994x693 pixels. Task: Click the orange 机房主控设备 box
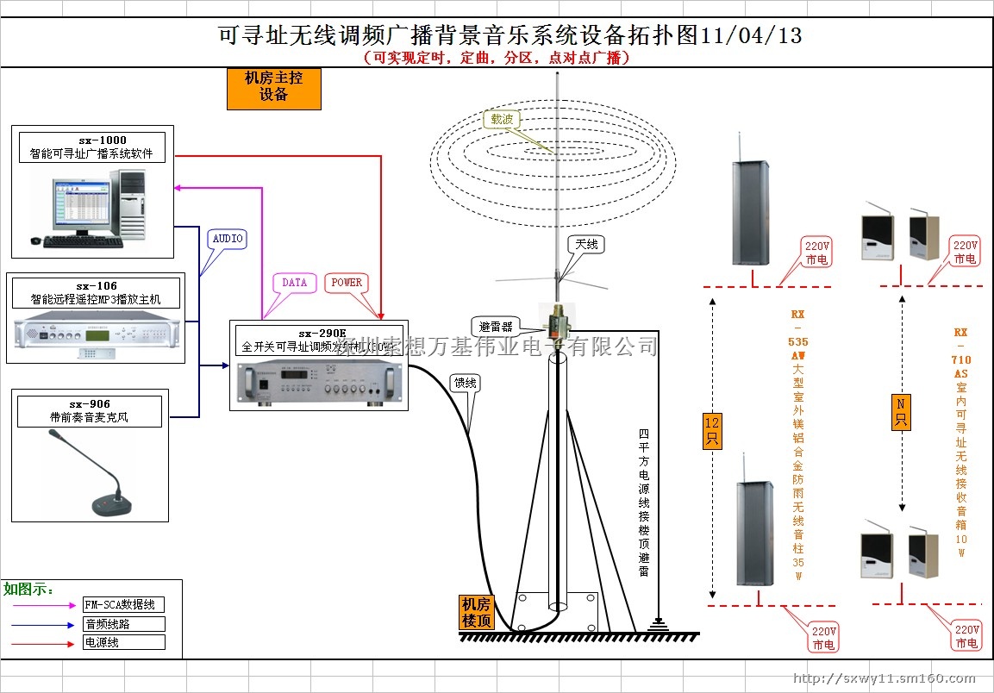pos(273,88)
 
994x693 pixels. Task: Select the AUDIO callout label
pos(228,239)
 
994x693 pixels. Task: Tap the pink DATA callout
pos(294,283)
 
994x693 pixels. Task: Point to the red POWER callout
pos(347,283)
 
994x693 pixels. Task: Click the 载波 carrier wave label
pos(502,120)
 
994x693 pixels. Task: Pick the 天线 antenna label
pos(586,245)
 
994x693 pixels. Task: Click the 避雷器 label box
pos(496,327)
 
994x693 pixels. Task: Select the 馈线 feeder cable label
pos(465,383)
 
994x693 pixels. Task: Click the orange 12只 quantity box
pos(712,431)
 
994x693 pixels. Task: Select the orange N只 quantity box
pos(901,411)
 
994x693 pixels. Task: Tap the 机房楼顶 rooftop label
pos(477,612)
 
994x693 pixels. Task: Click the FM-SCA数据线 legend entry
pos(122,606)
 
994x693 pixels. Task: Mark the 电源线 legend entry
pos(122,642)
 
